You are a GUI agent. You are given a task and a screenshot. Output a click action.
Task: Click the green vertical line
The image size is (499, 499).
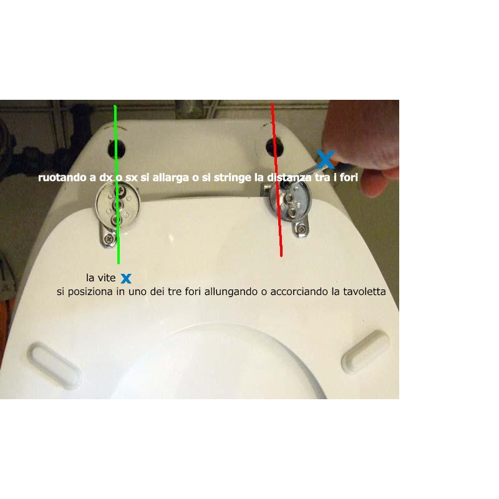click(117, 185)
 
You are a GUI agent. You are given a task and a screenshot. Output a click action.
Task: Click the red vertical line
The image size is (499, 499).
click(276, 180)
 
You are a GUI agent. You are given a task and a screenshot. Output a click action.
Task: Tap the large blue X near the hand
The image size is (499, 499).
click(326, 160)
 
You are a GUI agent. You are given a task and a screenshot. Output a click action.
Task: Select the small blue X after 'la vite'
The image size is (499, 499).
click(126, 279)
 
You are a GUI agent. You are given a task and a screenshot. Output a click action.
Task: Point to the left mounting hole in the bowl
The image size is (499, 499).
click(116, 148)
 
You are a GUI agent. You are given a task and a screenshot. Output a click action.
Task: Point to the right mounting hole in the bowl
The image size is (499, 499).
click(274, 147)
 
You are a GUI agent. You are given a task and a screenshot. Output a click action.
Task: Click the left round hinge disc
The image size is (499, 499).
click(117, 206)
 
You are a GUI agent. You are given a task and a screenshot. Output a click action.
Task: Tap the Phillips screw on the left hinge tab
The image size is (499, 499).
click(110, 238)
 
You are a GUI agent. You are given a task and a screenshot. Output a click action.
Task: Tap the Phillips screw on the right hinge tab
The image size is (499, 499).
click(301, 228)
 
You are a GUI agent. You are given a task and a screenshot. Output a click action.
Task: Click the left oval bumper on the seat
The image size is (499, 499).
click(54, 366)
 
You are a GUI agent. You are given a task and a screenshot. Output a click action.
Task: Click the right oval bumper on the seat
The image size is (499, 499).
click(366, 352)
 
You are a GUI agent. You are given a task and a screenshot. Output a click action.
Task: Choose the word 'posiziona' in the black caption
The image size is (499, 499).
click(90, 292)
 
